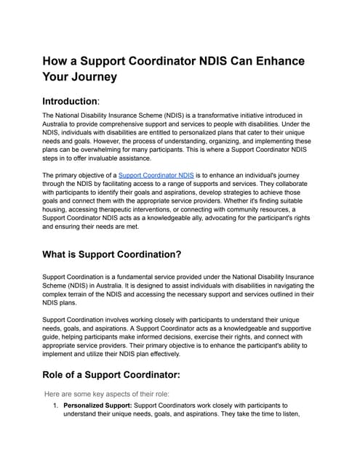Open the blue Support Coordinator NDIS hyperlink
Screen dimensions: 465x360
tap(156, 176)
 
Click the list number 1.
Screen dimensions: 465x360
tap(55, 405)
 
